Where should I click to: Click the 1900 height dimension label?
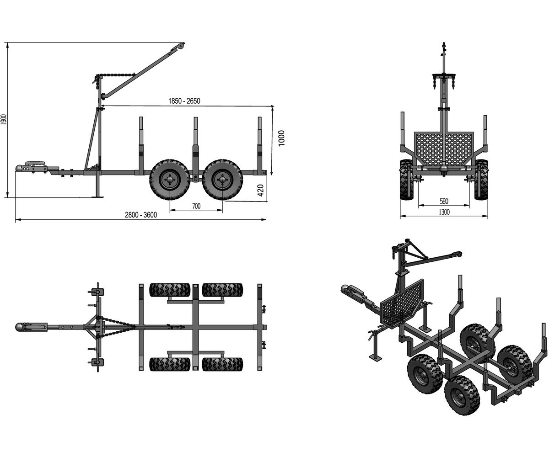pos(4,120)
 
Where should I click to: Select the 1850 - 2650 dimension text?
pos(184,101)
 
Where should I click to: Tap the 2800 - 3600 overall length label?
pos(141,215)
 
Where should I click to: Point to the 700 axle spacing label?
pos(196,206)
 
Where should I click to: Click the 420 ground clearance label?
pos(260,190)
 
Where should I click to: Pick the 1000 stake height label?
pos(281,138)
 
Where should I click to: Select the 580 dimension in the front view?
pos(444,202)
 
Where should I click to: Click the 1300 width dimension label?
pos(444,212)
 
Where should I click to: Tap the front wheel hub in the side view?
pos(170,180)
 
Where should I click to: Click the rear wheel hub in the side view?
pos(222,180)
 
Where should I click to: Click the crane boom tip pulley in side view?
pos(180,46)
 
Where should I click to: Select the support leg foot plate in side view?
pos(98,196)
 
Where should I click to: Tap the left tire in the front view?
pos(407,180)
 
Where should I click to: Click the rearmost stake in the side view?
pos(259,146)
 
